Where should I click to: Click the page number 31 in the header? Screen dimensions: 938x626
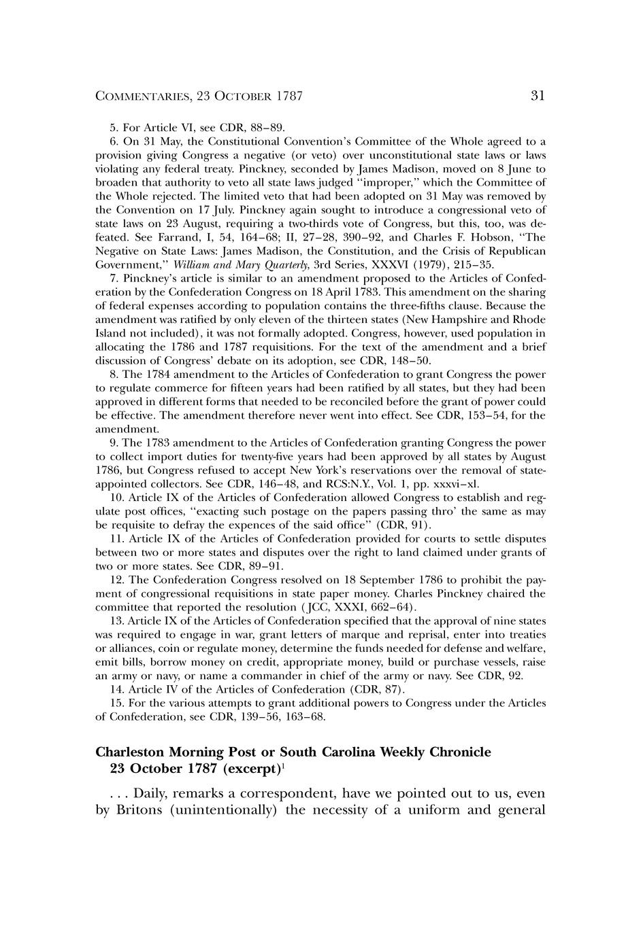click(x=538, y=96)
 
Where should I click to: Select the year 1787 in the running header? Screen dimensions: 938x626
click(x=289, y=97)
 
